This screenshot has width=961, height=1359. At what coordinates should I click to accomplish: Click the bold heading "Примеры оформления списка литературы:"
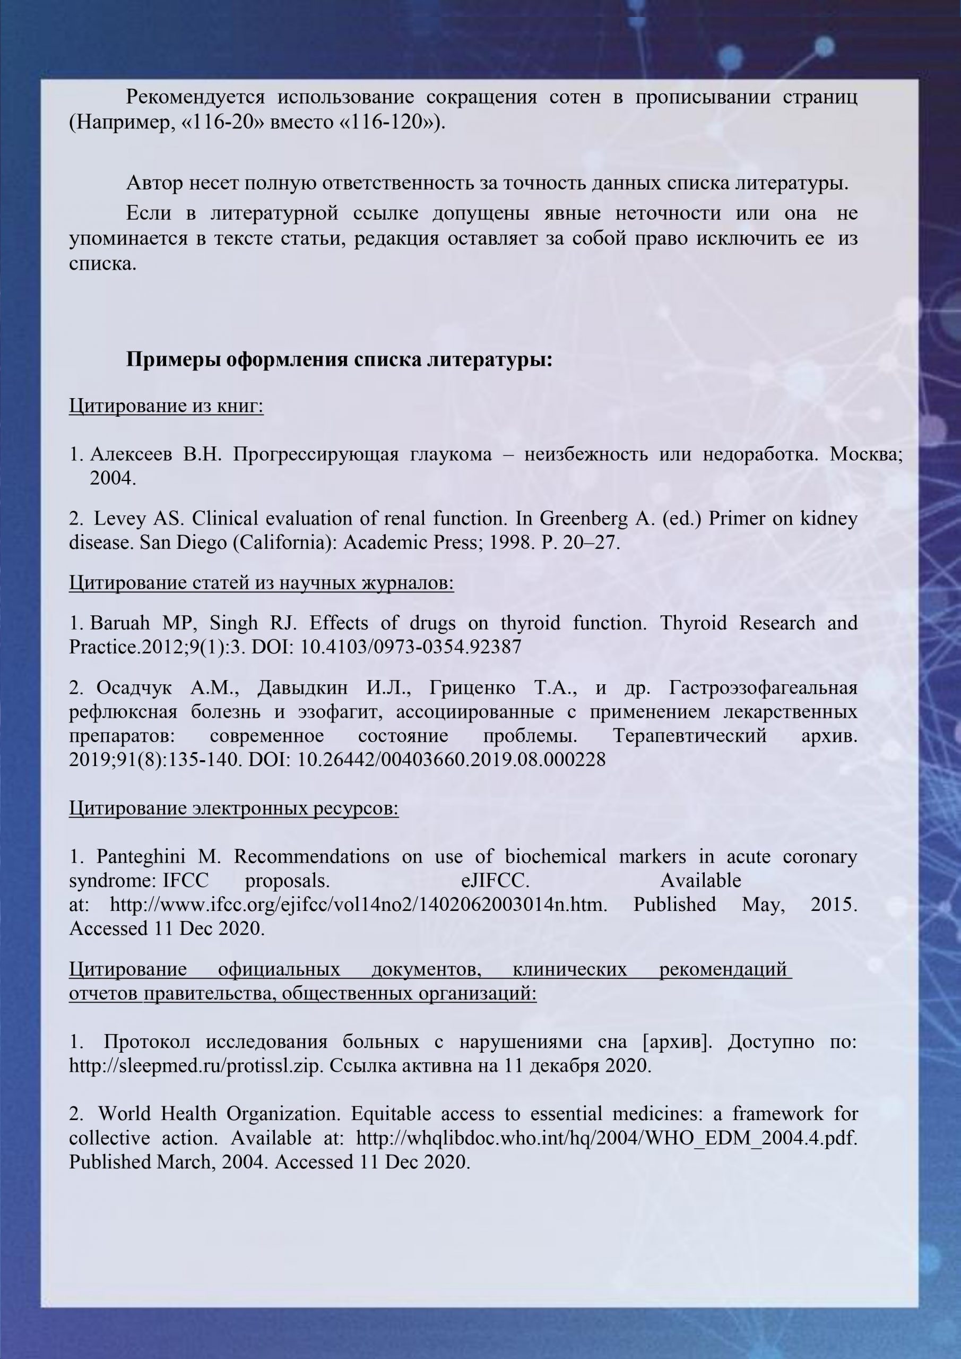point(339,360)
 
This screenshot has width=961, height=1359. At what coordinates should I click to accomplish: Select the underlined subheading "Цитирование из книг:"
point(166,406)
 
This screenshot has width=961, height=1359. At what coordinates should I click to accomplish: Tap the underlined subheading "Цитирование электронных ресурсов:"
point(233,808)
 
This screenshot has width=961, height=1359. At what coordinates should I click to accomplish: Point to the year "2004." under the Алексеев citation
point(113,478)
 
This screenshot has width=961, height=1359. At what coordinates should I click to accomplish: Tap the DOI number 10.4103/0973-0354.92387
point(411,647)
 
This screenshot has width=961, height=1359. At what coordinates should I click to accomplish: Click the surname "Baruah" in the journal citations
point(119,623)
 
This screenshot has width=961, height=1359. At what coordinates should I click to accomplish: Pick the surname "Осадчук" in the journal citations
point(134,688)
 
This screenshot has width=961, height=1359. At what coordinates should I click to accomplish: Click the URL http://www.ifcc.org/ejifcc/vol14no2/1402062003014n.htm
point(359,905)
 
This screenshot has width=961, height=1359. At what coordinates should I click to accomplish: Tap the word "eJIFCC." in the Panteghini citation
point(495,881)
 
